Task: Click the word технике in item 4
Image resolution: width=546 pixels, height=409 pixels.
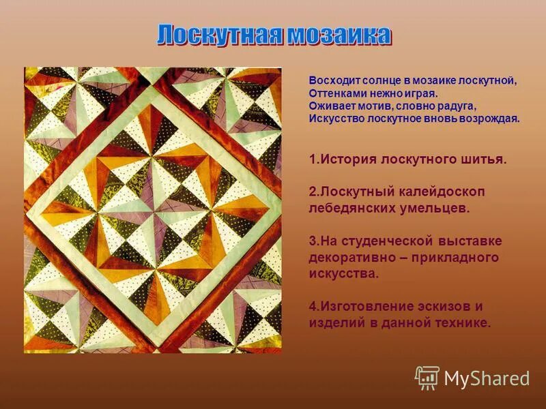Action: [459, 322]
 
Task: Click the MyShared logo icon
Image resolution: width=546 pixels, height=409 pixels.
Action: [427, 377]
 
